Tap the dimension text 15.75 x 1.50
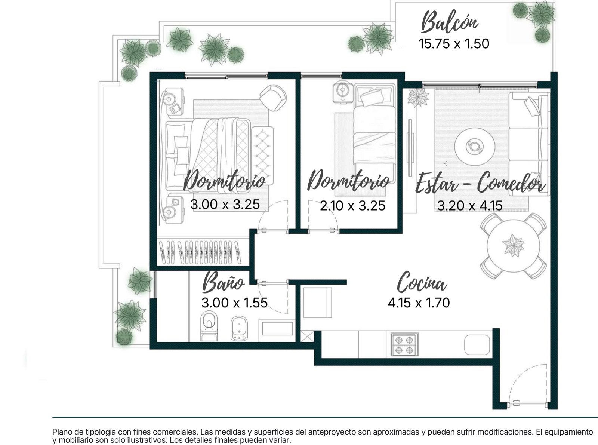pos(454,44)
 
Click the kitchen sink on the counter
pos(477,344)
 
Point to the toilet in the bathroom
pos(209,326)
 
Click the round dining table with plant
pos(513,246)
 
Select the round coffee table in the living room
pos(474,147)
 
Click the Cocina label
pos(422,283)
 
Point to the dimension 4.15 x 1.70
pos(419,303)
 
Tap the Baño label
pos(223,282)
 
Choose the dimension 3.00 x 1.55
pos(234,303)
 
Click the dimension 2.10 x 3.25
pos(352,206)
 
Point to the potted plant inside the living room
pos(417,98)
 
